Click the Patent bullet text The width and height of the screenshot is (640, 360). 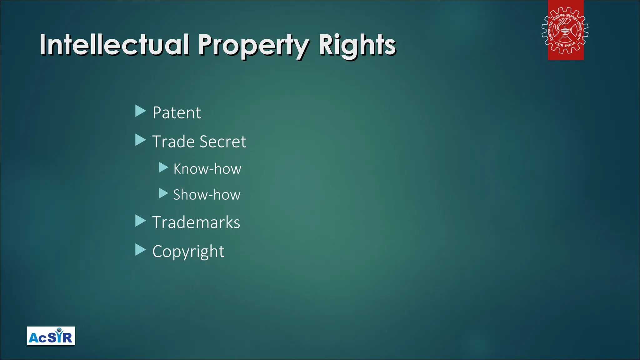(x=177, y=112)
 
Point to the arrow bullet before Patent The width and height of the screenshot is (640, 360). (x=140, y=111)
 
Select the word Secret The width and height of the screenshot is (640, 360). (x=223, y=142)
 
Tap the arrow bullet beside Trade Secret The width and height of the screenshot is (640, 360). (x=140, y=140)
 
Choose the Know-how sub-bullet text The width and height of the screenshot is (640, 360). (x=207, y=169)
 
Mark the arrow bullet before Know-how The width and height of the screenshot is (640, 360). (x=163, y=167)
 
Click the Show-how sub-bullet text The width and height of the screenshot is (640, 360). (x=207, y=195)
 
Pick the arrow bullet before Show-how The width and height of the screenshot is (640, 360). (x=163, y=193)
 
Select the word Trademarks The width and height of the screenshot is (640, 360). (x=196, y=222)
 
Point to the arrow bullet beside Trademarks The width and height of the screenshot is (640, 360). (x=140, y=221)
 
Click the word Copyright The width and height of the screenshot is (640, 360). (x=188, y=252)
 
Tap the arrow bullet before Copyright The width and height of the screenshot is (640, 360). (x=140, y=250)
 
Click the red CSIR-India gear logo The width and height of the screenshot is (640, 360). (x=565, y=30)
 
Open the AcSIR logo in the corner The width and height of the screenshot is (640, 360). (x=51, y=336)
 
